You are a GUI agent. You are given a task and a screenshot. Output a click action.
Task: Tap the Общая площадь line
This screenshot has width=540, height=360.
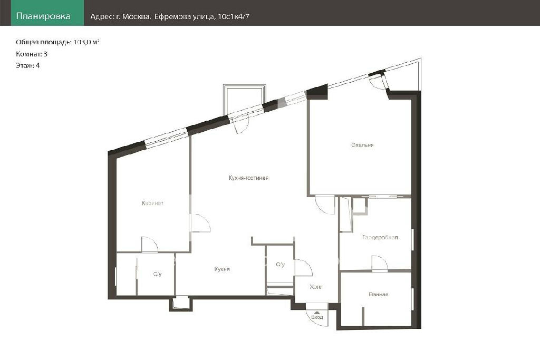tap(57, 42)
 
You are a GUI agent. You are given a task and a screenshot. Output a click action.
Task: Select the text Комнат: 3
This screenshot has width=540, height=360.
tap(31, 54)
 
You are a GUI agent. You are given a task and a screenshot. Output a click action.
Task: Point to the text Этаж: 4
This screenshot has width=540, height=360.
tap(27, 65)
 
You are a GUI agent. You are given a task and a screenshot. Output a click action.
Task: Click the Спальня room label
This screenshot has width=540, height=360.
tap(362, 145)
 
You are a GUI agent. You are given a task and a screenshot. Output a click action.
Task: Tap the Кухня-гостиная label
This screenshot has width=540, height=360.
tap(248, 178)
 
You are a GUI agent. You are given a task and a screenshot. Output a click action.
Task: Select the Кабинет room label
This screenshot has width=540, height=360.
tap(152, 203)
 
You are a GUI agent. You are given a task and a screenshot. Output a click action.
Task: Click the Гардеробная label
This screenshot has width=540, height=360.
tap(380, 237)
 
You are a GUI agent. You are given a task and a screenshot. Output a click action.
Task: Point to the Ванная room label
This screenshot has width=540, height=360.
tap(379, 294)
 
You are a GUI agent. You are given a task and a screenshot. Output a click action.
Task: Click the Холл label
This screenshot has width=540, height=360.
tap(316, 286)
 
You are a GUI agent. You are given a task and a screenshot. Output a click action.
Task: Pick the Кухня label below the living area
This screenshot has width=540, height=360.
tap(222, 269)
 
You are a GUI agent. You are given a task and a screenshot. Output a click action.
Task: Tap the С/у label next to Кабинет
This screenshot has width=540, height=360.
tap(157, 274)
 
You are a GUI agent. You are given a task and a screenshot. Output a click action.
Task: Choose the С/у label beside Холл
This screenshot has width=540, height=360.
tap(281, 264)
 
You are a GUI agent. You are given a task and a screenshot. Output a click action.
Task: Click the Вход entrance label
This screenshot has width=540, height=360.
tap(317, 317)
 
